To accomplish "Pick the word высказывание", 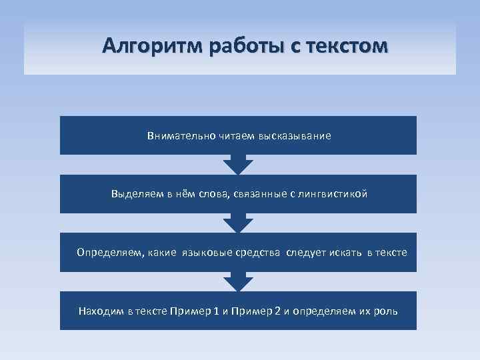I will [x=297, y=136].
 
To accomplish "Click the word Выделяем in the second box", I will [x=137, y=195].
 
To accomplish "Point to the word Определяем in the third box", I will [x=109, y=253].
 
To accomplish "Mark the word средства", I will [x=259, y=253].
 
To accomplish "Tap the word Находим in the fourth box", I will [x=101, y=311].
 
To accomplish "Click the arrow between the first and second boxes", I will [x=238, y=165].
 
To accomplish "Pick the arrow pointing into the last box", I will [x=238, y=281].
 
